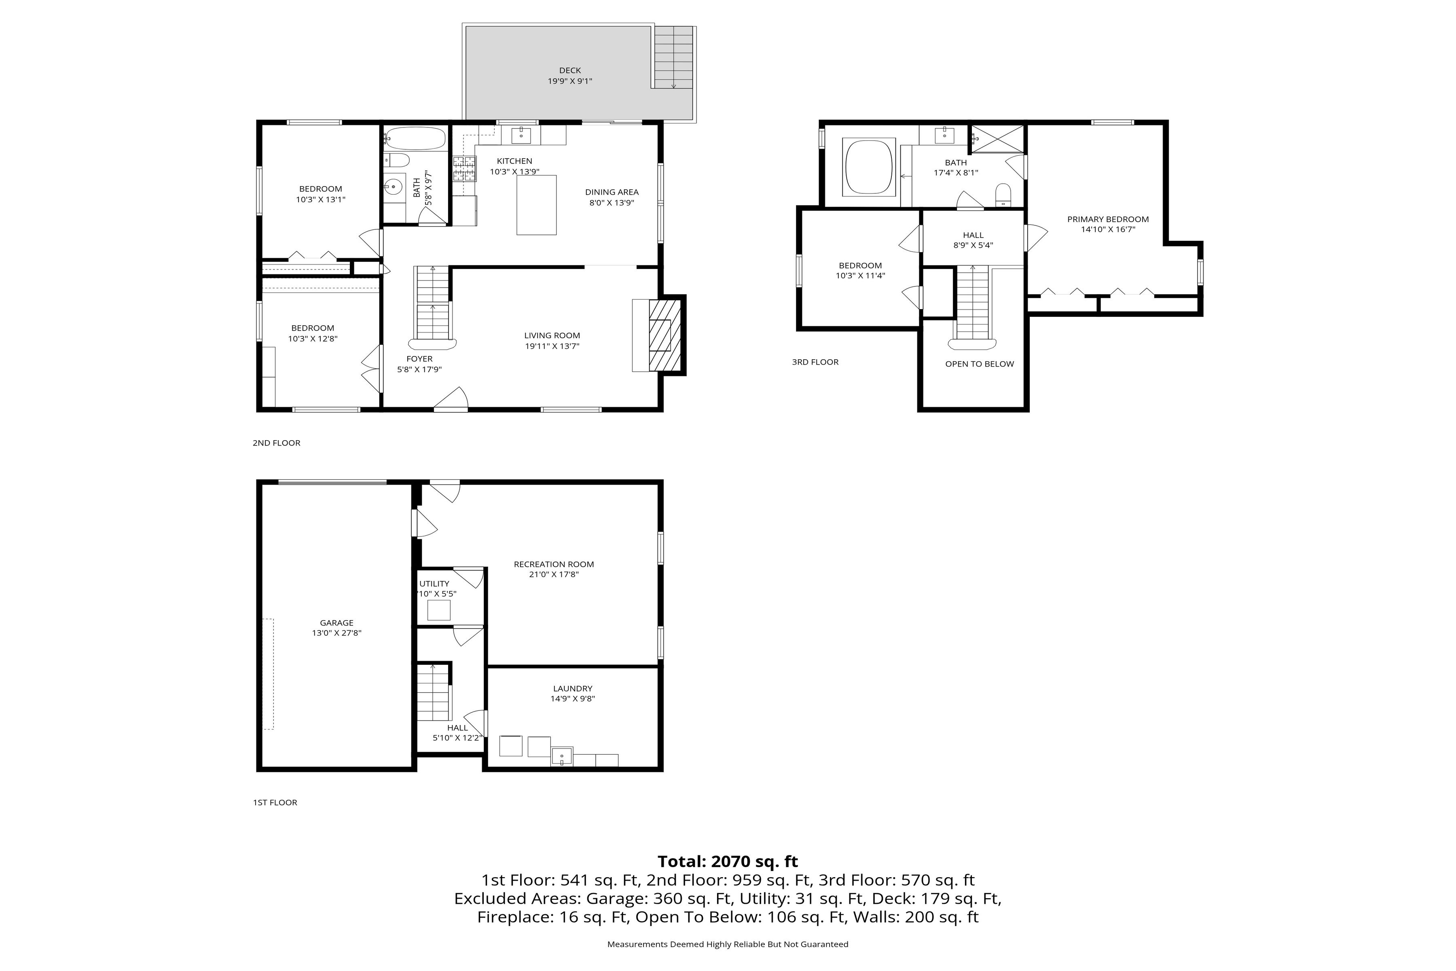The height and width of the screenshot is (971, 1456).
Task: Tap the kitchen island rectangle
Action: click(536, 205)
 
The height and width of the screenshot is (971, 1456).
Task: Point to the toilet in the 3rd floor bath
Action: click(1003, 195)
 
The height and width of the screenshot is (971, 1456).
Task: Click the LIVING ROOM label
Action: click(552, 336)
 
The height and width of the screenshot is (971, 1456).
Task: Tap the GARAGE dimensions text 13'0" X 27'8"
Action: click(337, 633)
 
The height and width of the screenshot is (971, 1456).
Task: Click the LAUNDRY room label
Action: click(573, 688)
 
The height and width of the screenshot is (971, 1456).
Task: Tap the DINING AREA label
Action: click(612, 192)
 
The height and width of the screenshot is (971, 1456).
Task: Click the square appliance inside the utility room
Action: click(439, 610)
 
